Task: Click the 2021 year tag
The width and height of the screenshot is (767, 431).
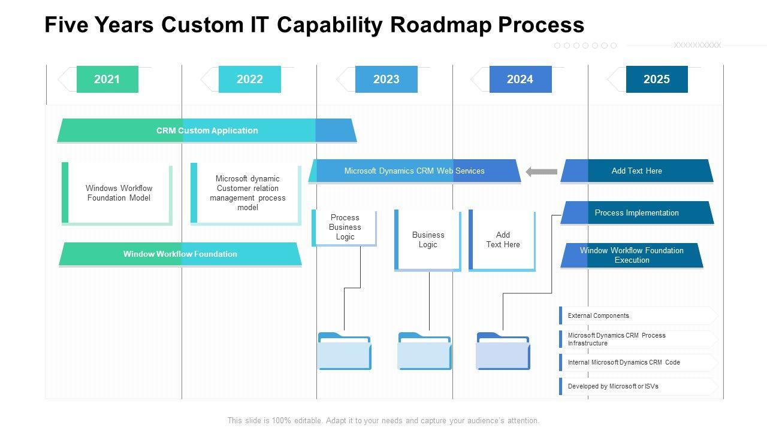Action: [x=107, y=79]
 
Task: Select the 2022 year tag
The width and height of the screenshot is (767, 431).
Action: [x=249, y=79]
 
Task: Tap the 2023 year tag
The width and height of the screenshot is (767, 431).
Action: [x=386, y=79]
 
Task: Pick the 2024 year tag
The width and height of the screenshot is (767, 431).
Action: [x=520, y=79]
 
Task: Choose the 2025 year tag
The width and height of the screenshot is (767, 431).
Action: [x=657, y=79]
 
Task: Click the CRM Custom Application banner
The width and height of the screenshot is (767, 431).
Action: [x=207, y=130]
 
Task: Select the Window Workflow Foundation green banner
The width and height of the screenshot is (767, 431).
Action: [x=180, y=254]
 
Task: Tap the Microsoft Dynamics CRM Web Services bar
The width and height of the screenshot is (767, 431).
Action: [x=414, y=171]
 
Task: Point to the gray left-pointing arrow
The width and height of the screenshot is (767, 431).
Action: [x=541, y=172]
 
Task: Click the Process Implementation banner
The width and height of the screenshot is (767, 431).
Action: [x=637, y=213]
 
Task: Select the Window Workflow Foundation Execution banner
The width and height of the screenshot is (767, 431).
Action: [x=632, y=256]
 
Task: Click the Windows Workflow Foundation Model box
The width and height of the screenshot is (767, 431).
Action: [x=118, y=193]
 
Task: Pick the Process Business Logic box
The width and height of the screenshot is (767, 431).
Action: [x=345, y=227]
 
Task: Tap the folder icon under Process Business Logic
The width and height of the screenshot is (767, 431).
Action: [x=344, y=351]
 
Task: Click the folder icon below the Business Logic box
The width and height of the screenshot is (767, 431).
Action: [x=424, y=351]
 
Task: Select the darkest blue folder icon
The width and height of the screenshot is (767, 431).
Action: [x=503, y=351]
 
